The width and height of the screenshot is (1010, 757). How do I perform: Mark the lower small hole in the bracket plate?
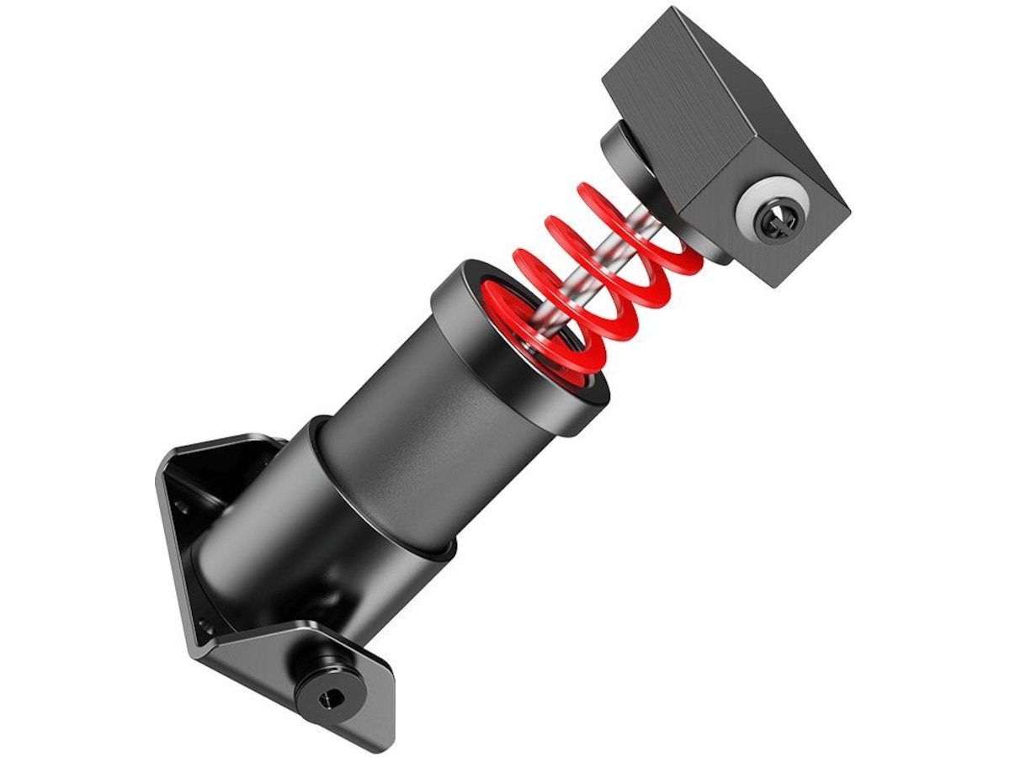click(x=202, y=625)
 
